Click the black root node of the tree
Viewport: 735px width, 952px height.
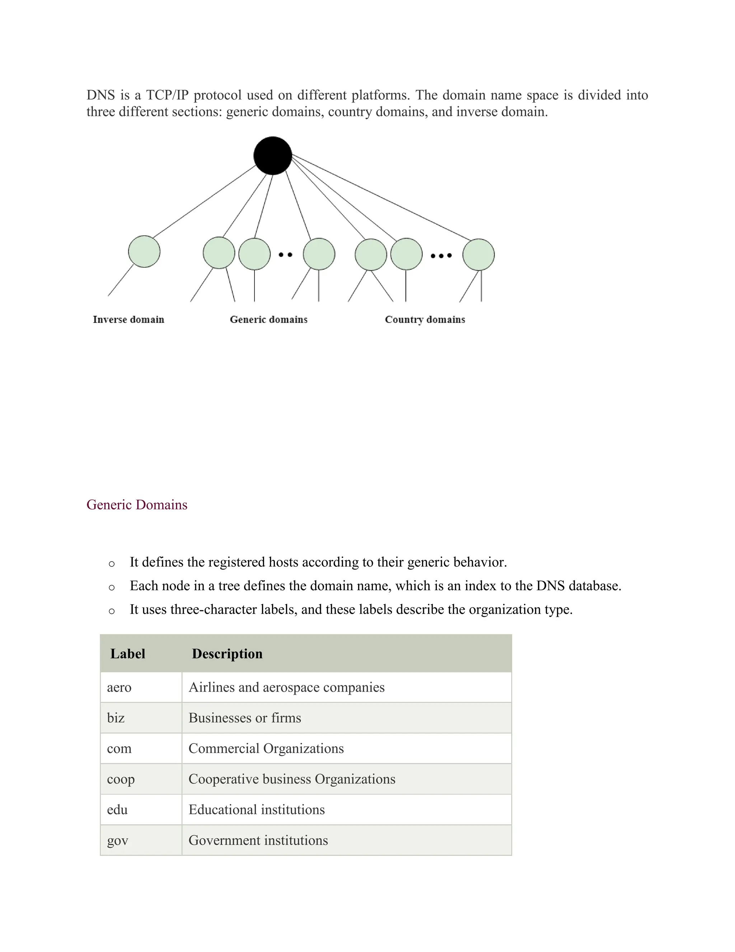click(x=273, y=156)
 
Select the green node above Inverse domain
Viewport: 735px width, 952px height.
click(x=144, y=251)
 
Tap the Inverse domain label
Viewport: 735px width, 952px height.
click(x=128, y=319)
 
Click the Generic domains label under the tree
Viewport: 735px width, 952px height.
click(x=269, y=319)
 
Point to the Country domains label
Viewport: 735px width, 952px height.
click(x=425, y=319)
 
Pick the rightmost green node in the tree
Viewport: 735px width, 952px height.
click(x=478, y=255)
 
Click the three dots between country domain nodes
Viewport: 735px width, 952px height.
click(x=441, y=255)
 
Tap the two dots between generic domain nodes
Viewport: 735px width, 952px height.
click(x=286, y=255)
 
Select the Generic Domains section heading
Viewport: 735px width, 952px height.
click(x=137, y=505)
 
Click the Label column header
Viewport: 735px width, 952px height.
click(x=127, y=654)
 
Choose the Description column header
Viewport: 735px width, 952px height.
click(x=227, y=654)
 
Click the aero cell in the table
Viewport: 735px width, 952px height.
click(x=119, y=687)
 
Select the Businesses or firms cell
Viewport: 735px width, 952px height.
click(x=245, y=718)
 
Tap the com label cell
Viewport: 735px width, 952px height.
click(x=119, y=748)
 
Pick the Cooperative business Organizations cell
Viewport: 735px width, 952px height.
click(x=292, y=779)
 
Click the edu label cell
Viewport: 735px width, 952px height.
click(x=118, y=809)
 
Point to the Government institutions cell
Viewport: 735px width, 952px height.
click(x=258, y=840)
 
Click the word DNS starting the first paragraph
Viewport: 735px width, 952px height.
click(x=100, y=95)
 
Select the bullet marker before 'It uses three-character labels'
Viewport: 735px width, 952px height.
click(x=112, y=611)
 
